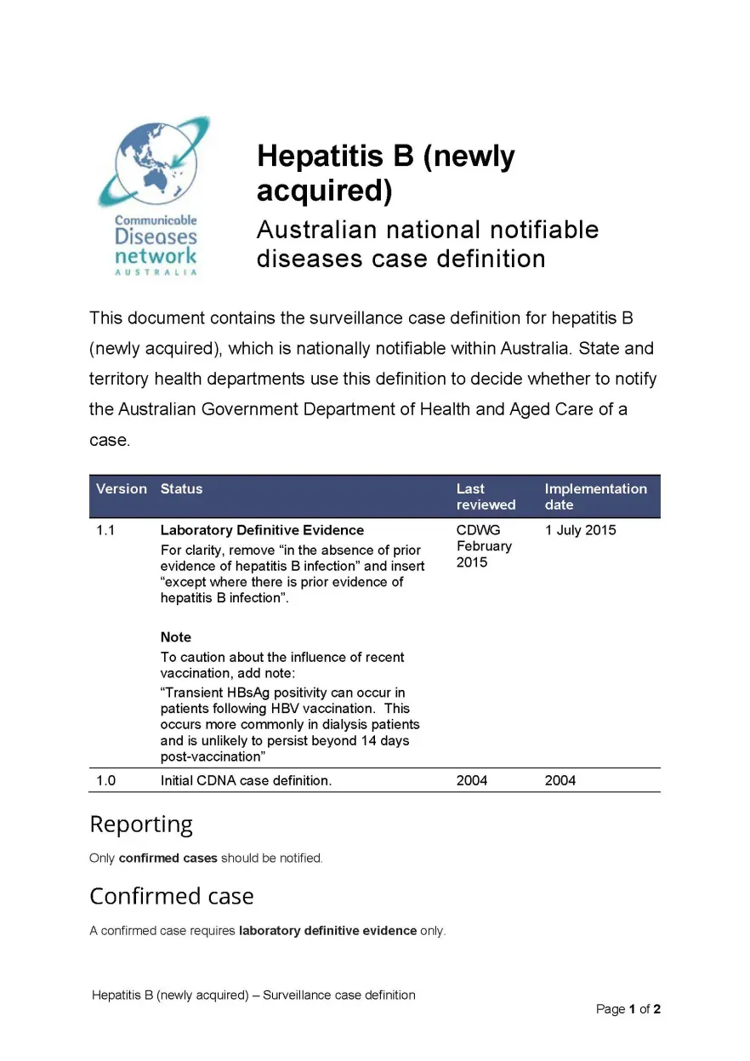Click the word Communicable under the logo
(x=156, y=220)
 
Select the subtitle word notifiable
(x=532, y=230)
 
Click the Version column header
(x=121, y=488)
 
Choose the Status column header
(x=181, y=488)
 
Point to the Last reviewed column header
(x=486, y=496)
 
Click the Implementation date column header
(x=595, y=496)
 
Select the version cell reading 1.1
(x=105, y=530)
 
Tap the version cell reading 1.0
(x=105, y=780)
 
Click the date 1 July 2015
(x=580, y=530)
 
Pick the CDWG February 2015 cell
(x=484, y=546)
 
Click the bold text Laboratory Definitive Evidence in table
(x=262, y=530)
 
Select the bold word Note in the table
(x=176, y=637)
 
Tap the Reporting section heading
(x=141, y=824)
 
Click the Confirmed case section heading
(x=171, y=896)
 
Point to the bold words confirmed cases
(x=168, y=858)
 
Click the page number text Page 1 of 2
(x=628, y=1009)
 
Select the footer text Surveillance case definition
(x=339, y=995)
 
